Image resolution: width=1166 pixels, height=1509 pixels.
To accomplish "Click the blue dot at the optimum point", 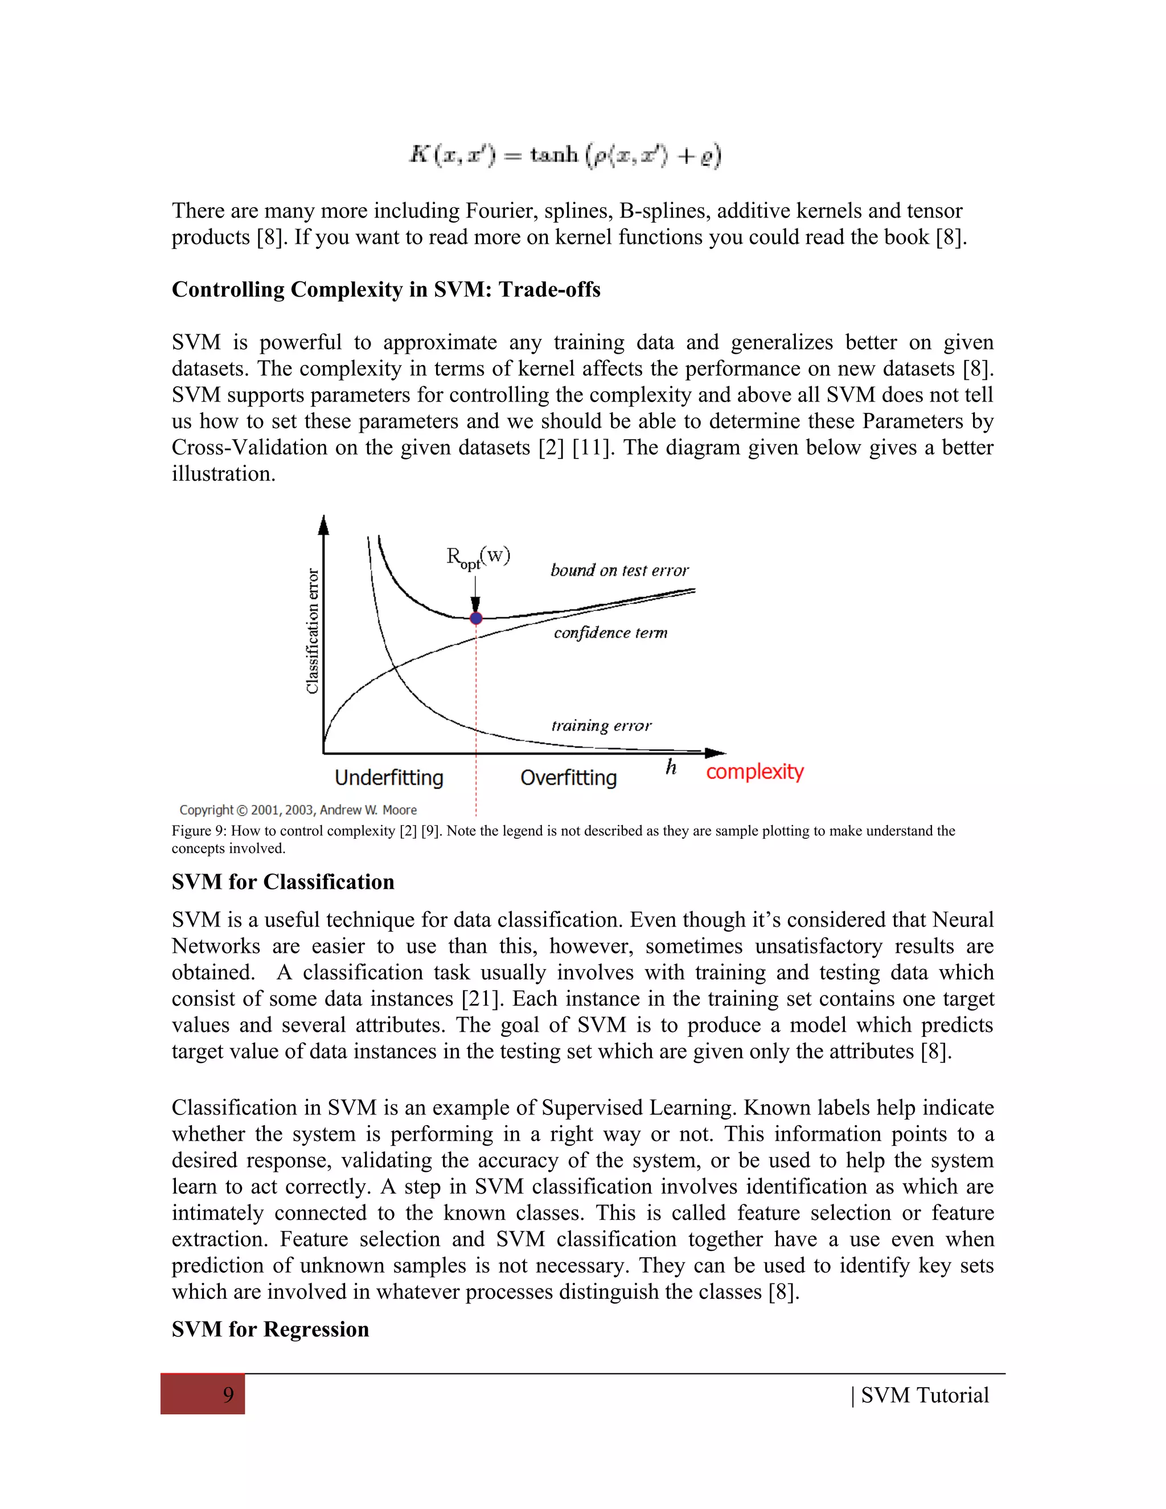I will coord(476,618).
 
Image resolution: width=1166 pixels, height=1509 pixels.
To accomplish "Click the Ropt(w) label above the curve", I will coord(478,557).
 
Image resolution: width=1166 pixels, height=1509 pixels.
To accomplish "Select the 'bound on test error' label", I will coord(619,571).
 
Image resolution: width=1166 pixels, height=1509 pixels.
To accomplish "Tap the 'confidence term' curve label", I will coord(611,633).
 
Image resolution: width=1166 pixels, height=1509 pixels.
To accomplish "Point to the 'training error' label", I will coord(601,725).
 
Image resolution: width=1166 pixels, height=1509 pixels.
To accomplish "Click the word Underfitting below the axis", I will coord(389,778).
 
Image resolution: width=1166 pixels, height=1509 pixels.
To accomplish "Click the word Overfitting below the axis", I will coord(569,778).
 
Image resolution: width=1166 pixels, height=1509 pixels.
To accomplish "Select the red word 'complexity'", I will coord(754,772).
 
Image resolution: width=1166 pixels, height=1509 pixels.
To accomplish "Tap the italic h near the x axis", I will coord(671,768).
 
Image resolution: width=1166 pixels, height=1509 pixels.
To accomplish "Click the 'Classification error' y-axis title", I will coord(313,631).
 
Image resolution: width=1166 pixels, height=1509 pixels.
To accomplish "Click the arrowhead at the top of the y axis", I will coord(323,526).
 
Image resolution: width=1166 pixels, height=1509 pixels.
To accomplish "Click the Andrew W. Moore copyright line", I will coord(298,810).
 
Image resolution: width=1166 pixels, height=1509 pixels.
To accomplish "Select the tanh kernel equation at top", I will coord(565,154).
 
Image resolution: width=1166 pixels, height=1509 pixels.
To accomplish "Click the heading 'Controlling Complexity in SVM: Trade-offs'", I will coord(385,289).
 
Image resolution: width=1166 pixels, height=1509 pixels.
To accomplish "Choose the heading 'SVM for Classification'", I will coord(282,882).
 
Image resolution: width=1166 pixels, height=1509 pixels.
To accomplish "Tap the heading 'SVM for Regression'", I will coord(270,1330).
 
